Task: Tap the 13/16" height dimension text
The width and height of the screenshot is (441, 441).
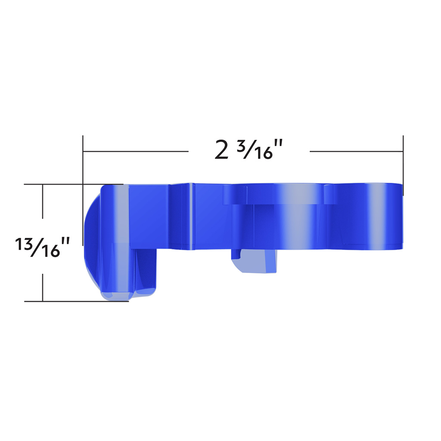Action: [x=43, y=247]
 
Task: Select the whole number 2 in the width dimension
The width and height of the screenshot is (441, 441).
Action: [x=221, y=150]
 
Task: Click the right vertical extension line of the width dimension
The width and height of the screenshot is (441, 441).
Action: [x=403, y=164]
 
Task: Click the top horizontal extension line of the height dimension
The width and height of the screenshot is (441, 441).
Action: [x=60, y=184]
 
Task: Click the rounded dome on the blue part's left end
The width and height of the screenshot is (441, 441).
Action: [x=91, y=237]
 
